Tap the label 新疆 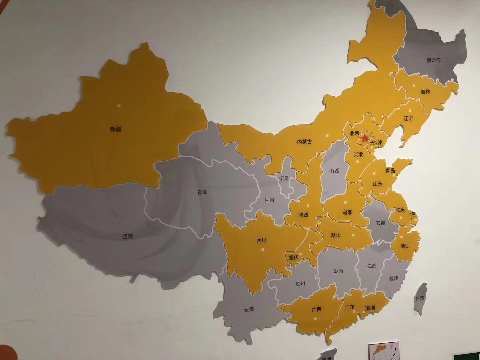115,129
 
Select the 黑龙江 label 433,60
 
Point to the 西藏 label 127,237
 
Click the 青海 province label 202,192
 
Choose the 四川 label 261,240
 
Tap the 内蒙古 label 304,142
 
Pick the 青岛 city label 390,171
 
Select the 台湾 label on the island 419,298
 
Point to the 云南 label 249,309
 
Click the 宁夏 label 284,178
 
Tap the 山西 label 334,171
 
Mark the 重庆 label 293,257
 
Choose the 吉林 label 425,92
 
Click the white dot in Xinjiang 119,106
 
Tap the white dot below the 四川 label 263,249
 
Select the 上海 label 412,214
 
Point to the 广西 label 317,309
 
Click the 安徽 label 380,223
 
